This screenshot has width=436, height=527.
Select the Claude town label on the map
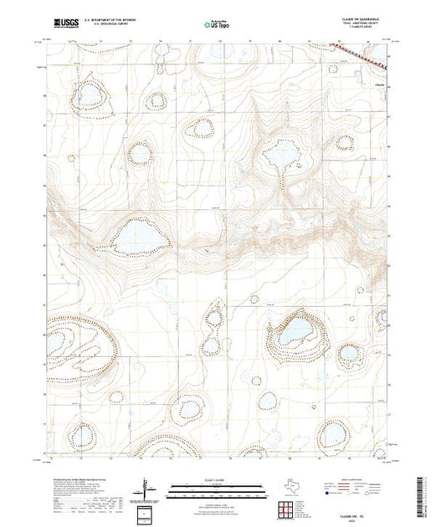(380, 83)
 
